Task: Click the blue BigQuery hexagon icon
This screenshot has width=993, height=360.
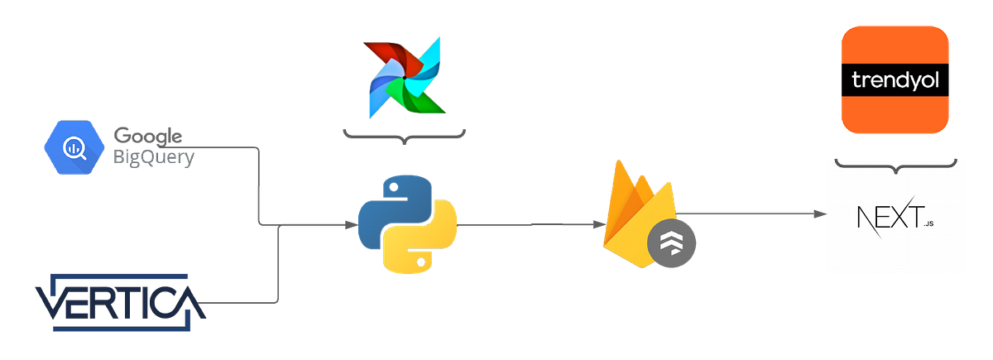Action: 74,148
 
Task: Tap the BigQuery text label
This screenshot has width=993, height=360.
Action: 153,156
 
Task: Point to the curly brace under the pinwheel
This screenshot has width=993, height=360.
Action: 405,135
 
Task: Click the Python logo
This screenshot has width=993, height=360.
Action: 406,225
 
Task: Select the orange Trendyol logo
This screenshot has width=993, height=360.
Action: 894,79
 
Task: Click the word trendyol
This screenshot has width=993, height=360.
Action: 894,81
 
